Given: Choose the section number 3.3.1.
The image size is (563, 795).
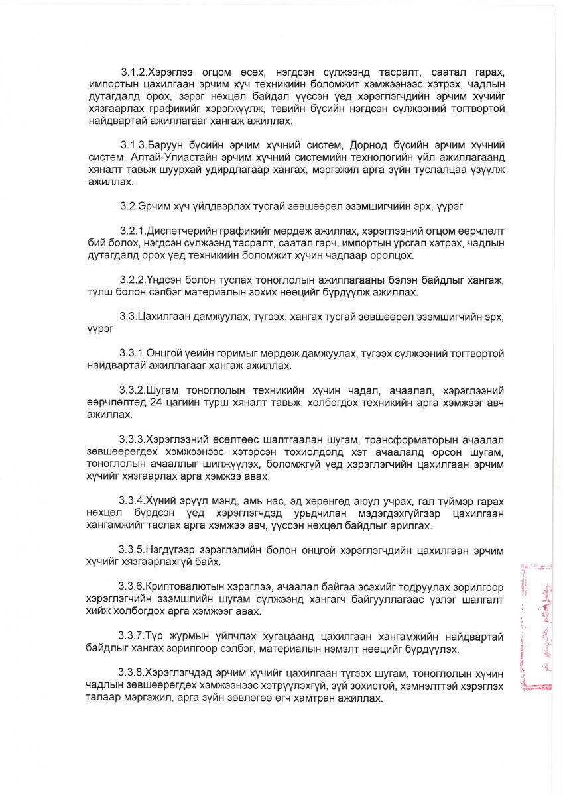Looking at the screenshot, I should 133,352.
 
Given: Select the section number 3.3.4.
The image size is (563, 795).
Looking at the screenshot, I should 132,500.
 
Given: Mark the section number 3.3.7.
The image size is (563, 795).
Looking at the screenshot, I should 132,635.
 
